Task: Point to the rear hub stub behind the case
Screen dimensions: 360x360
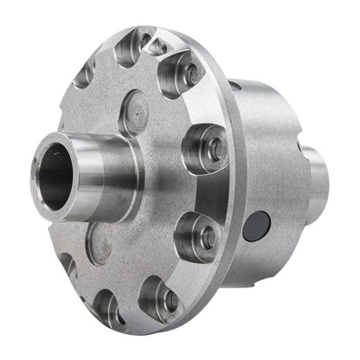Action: point(318,182)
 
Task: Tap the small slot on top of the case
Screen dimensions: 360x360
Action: point(235,87)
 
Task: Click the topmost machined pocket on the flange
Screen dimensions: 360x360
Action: point(137,44)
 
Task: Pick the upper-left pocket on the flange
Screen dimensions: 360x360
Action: point(86,74)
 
